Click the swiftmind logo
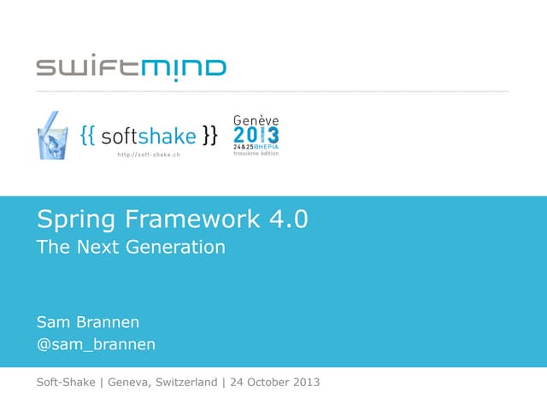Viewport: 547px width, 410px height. click(131, 67)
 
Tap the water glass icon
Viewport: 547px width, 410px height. click(53, 135)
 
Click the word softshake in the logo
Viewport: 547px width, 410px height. click(149, 136)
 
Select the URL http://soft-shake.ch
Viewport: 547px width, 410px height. click(149, 155)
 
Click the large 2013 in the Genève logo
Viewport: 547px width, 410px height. click(256, 135)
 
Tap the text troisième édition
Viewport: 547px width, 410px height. click(256, 155)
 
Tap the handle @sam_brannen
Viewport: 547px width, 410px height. click(96, 345)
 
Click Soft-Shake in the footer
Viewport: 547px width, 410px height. click(66, 382)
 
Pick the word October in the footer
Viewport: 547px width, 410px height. click(268, 382)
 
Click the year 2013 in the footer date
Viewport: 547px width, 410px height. click(306, 382)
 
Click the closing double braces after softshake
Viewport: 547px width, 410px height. click(210, 136)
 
